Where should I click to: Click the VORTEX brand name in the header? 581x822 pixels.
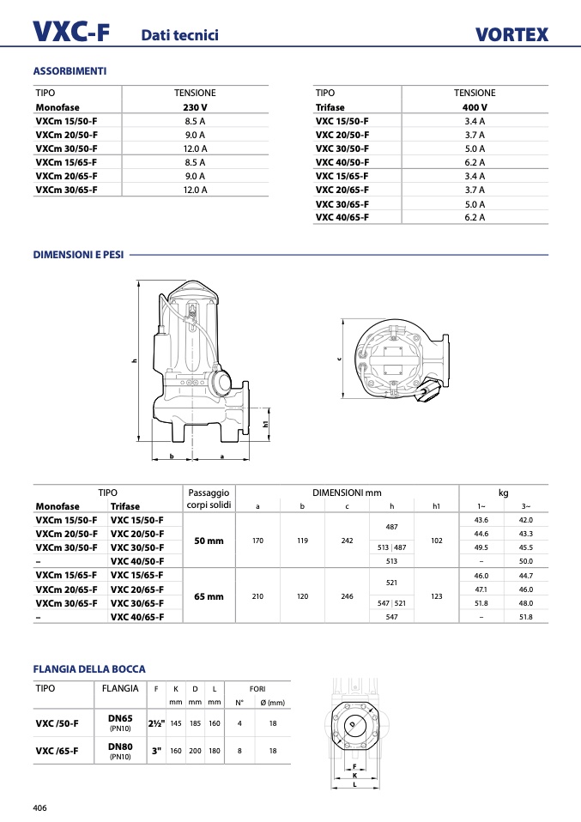pos(511,34)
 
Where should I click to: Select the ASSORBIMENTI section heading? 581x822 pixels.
pos(70,70)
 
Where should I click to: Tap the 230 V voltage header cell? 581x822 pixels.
pos(195,107)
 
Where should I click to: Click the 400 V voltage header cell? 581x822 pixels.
pos(475,107)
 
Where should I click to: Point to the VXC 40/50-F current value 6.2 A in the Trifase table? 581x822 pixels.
pos(475,162)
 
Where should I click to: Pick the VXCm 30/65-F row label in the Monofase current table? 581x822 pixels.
pos(67,190)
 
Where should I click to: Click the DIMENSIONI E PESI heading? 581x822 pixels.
pos(78,255)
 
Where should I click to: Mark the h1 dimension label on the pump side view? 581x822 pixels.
pos(265,424)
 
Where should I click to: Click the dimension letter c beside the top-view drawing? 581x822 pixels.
pos(339,360)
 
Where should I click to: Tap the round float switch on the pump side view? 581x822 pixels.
pos(223,384)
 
